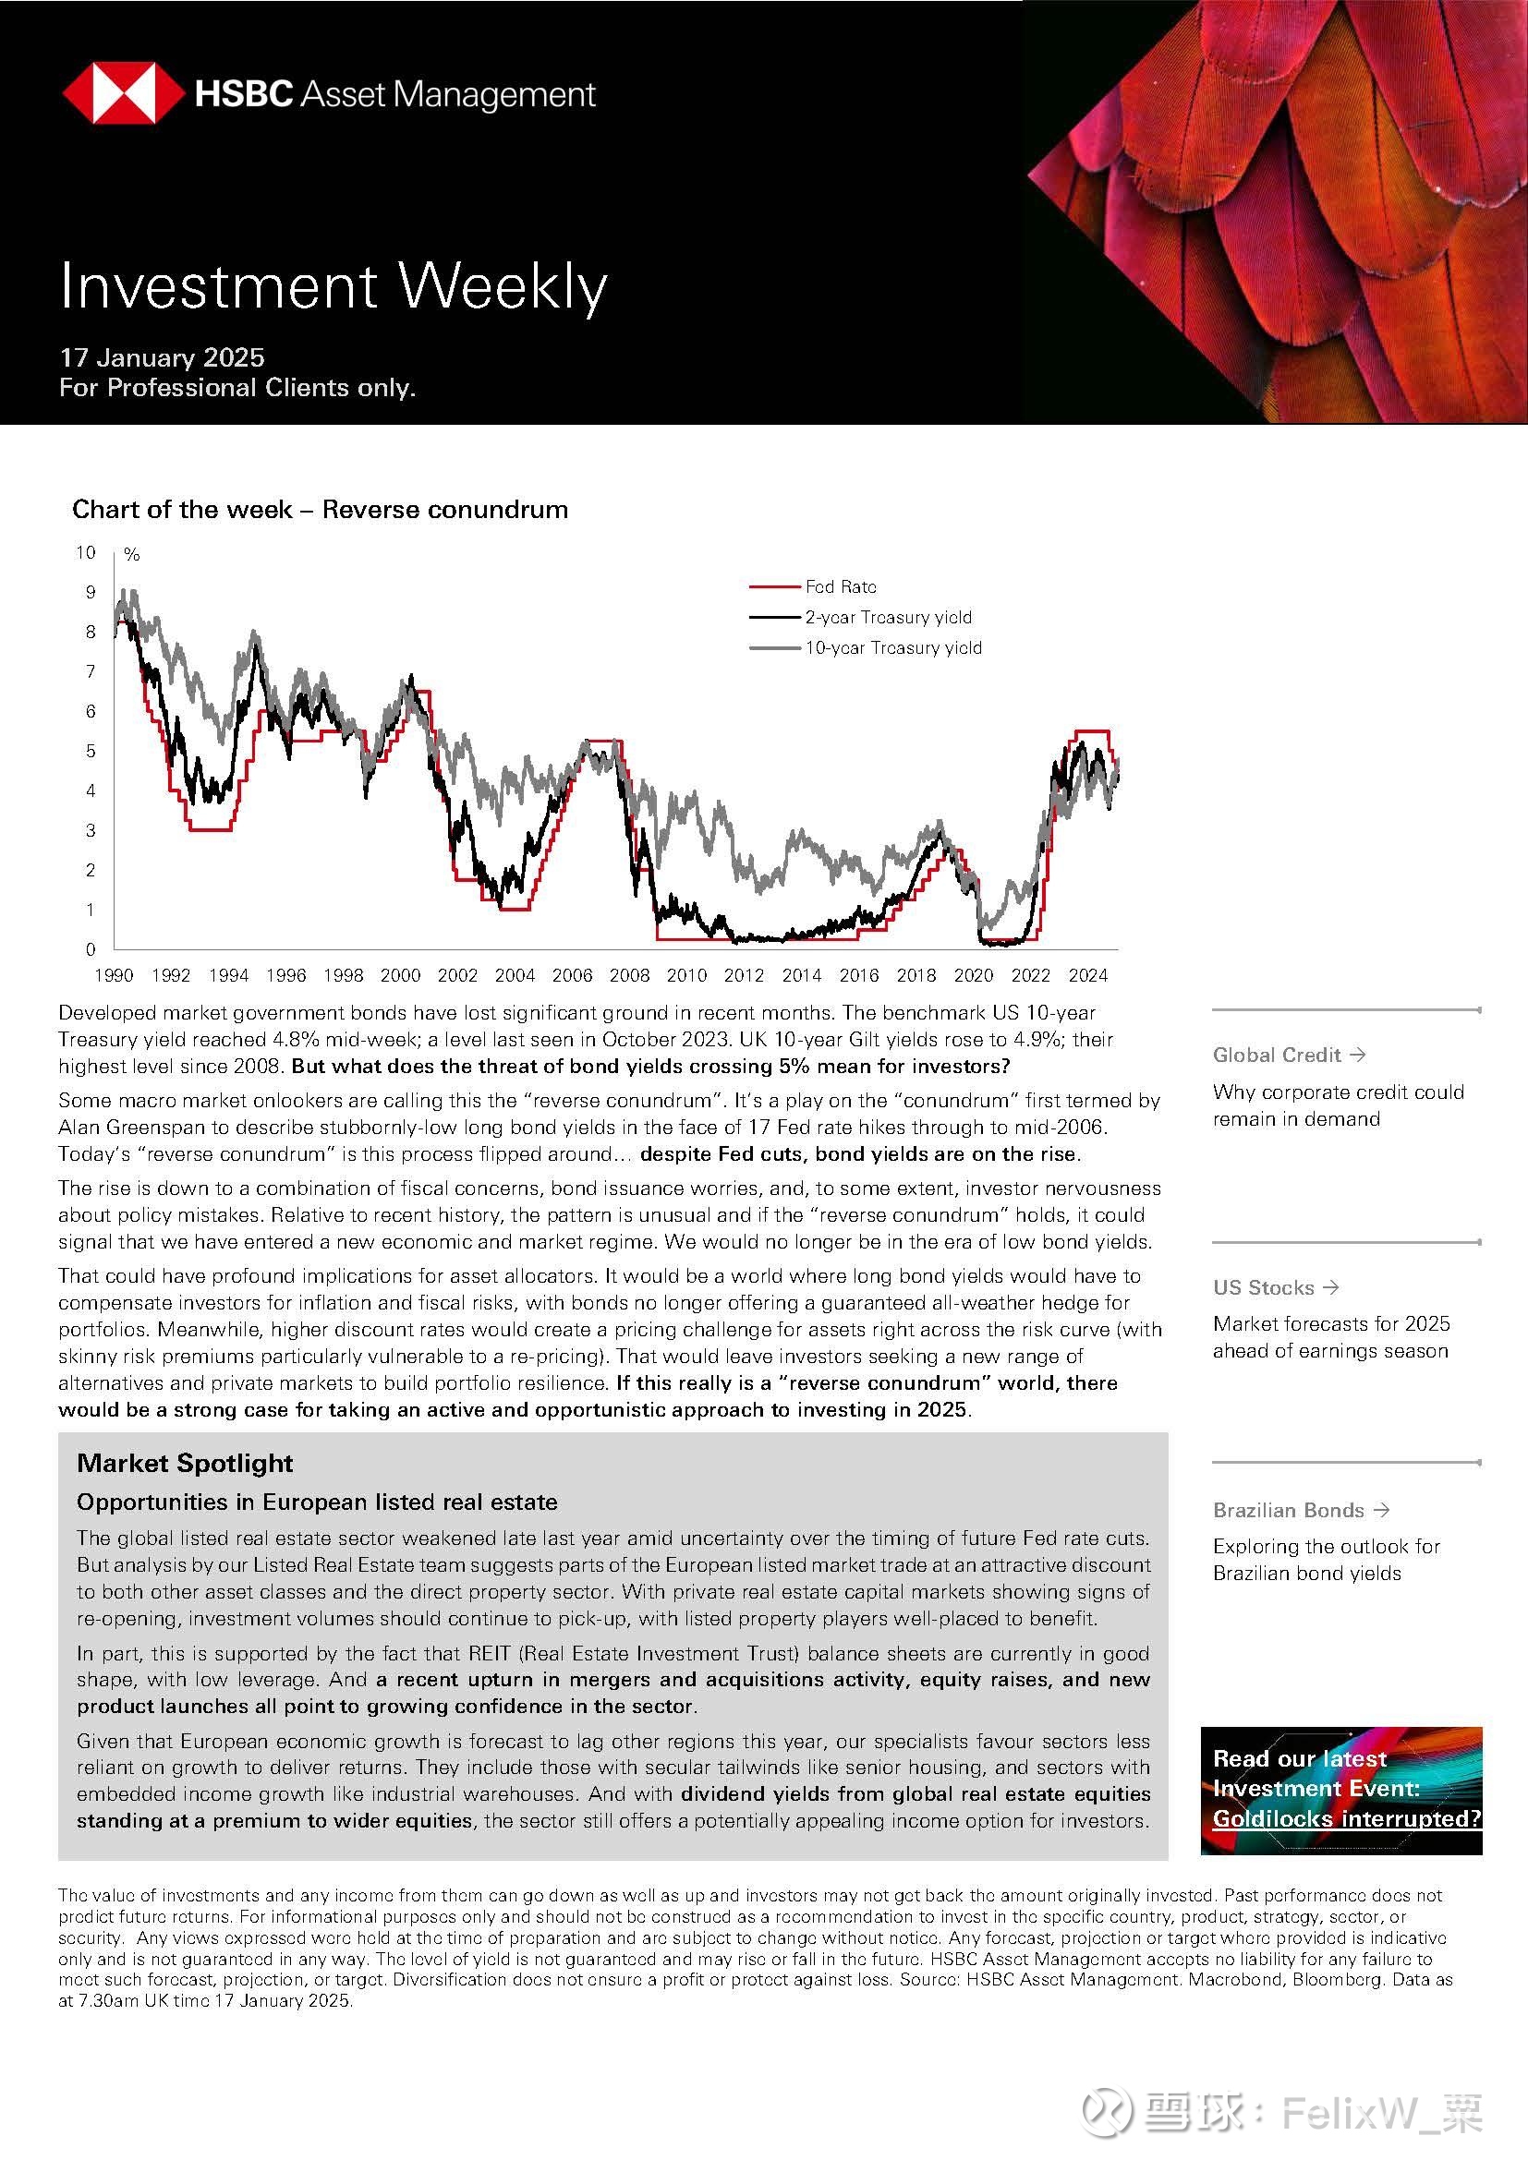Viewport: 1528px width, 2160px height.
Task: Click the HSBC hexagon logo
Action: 122,93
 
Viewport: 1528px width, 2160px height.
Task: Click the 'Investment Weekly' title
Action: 333,286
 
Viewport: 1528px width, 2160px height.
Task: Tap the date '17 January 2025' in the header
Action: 162,357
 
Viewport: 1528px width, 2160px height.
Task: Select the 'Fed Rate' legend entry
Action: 840,587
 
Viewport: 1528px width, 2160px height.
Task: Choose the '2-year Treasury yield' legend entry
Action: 887,617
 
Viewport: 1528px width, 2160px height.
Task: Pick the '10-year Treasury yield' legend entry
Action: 892,647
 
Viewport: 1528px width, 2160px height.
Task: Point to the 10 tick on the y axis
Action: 86,552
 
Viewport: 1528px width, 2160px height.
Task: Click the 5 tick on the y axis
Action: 91,751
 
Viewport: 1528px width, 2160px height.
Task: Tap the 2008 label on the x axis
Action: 629,975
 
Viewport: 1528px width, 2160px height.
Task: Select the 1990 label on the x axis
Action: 114,975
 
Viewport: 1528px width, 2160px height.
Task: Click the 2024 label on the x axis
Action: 1087,975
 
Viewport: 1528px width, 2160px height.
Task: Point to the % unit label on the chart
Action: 132,555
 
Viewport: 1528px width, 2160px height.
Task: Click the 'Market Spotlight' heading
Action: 185,1463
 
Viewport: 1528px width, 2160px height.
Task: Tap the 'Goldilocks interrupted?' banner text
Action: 1346,1818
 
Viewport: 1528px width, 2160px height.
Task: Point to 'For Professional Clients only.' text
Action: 237,388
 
